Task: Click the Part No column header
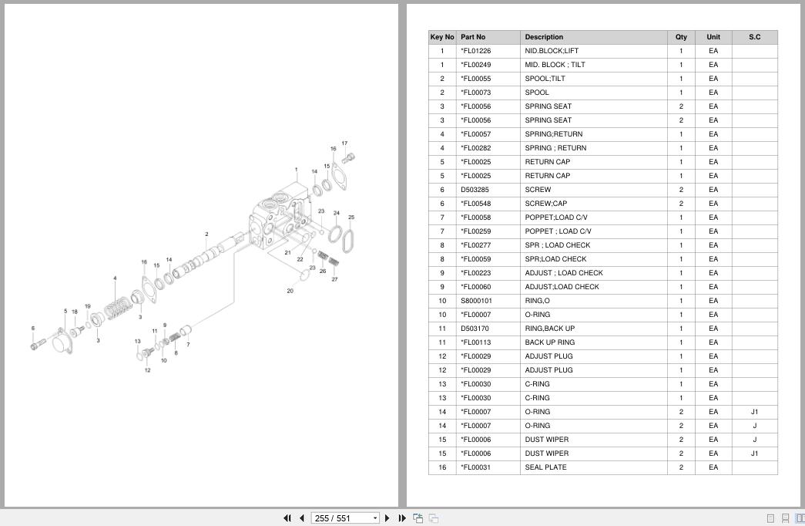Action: click(x=473, y=37)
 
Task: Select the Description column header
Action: click(x=544, y=37)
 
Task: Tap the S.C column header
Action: click(x=754, y=37)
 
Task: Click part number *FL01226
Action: click(x=476, y=51)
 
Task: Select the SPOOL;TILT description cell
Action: click(x=545, y=79)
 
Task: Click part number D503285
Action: click(x=475, y=190)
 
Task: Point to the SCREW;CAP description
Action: click(x=545, y=204)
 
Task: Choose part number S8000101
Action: click(x=476, y=301)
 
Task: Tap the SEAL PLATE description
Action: click(x=545, y=467)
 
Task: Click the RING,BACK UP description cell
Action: click(x=550, y=329)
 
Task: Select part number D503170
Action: click(x=475, y=329)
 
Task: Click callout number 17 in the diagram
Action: click(x=344, y=143)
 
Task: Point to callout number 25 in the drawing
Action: click(x=351, y=217)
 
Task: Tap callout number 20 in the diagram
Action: click(x=290, y=291)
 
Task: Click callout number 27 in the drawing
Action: click(x=335, y=279)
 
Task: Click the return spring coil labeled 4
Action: click(x=118, y=308)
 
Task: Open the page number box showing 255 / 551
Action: click(x=345, y=518)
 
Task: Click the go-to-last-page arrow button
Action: click(x=402, y=518)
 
